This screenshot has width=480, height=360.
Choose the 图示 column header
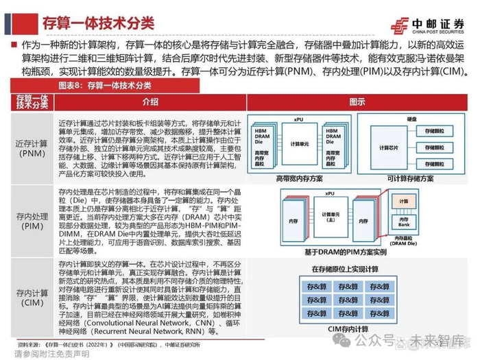[357, 101]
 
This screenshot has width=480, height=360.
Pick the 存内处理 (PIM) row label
[30, 219]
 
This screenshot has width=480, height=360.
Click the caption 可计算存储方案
[410, 178]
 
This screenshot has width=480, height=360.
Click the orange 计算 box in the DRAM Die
[403, 202]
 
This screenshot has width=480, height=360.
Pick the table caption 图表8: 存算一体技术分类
[97, 86]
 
